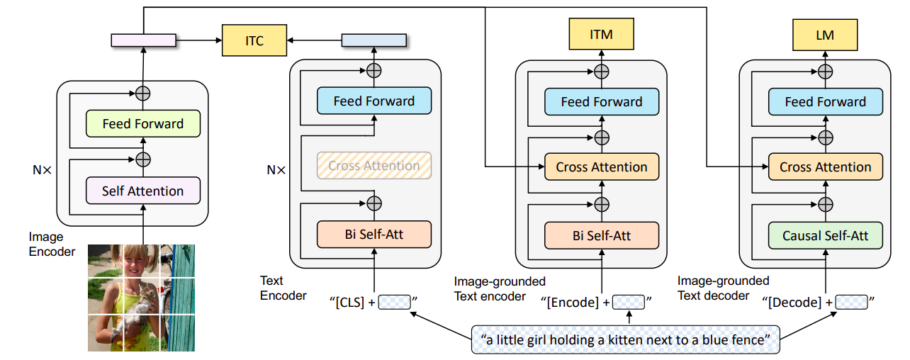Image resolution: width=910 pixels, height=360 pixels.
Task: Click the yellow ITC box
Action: pyautogui.click(x=254, y=40)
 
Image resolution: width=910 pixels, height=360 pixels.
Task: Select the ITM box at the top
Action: pyautogui.click(x=601, y=33)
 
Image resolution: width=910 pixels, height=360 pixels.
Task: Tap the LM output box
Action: pyautogui.click(x=825, y=33)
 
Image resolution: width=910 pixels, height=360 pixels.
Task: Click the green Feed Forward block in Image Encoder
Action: pyautogui.click(x=142, y=123)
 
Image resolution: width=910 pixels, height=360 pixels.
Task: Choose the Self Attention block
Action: pyautogui.click(x=142, y=191)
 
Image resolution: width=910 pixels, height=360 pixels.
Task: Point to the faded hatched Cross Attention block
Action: pyautogui.click(x=373, y=166)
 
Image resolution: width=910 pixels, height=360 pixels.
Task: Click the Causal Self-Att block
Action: pyautogui.click(x=825, y=235)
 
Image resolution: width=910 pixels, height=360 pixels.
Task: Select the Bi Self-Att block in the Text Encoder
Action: pyautogui.click(x=373, y=234)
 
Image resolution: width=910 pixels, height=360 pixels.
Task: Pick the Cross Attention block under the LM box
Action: pyautogui.click(x=825, y=167)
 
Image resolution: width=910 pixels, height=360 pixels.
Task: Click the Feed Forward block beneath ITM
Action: pyautogui.click(x=601, y=101)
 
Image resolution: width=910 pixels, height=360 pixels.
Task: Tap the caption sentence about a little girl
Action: pyautogui.click(x=626, y=339)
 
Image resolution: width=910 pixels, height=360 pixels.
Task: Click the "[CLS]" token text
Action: pyautogui.click(x=348, y=303)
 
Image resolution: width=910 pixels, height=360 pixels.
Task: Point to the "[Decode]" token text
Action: pyautogui.click(x=796, y=303)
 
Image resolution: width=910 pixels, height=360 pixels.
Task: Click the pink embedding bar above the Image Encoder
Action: pyautogui.click(x=143, y=40)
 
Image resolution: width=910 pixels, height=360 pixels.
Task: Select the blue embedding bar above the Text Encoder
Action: pyautogui.click(x=373, y=40)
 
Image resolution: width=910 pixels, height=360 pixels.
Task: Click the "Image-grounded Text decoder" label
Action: pyautogui.click(x=723, y=288)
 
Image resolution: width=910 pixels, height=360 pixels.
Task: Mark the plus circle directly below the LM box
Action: pyautogui.click(x=825, y=72)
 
